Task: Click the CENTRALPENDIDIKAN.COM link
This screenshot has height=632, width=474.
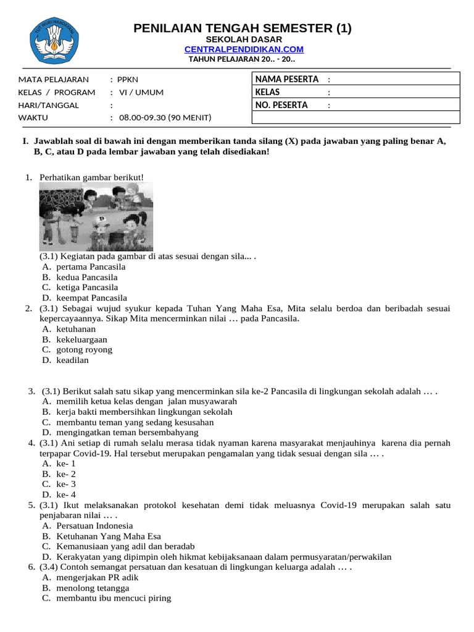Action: (x=244, y=49)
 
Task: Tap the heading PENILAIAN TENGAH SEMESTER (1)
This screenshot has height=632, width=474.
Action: (x=243, y=28)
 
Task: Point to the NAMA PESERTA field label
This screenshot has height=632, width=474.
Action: (x=287, y=79)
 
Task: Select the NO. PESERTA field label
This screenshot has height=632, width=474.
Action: (x=281, y=105)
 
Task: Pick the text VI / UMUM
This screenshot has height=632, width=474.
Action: (x=141, y=93)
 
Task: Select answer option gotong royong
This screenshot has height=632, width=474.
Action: (x=84, y=350)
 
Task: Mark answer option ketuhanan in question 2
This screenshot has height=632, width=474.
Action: (x=76, y=329)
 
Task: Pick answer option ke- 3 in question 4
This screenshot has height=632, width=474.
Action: (x=66, y=484)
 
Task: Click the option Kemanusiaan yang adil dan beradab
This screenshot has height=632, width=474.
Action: (x=125, y=546)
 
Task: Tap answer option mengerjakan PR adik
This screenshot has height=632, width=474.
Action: (x=97, y=578)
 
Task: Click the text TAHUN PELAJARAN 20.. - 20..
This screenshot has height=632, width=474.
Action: (x=241, y=59)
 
